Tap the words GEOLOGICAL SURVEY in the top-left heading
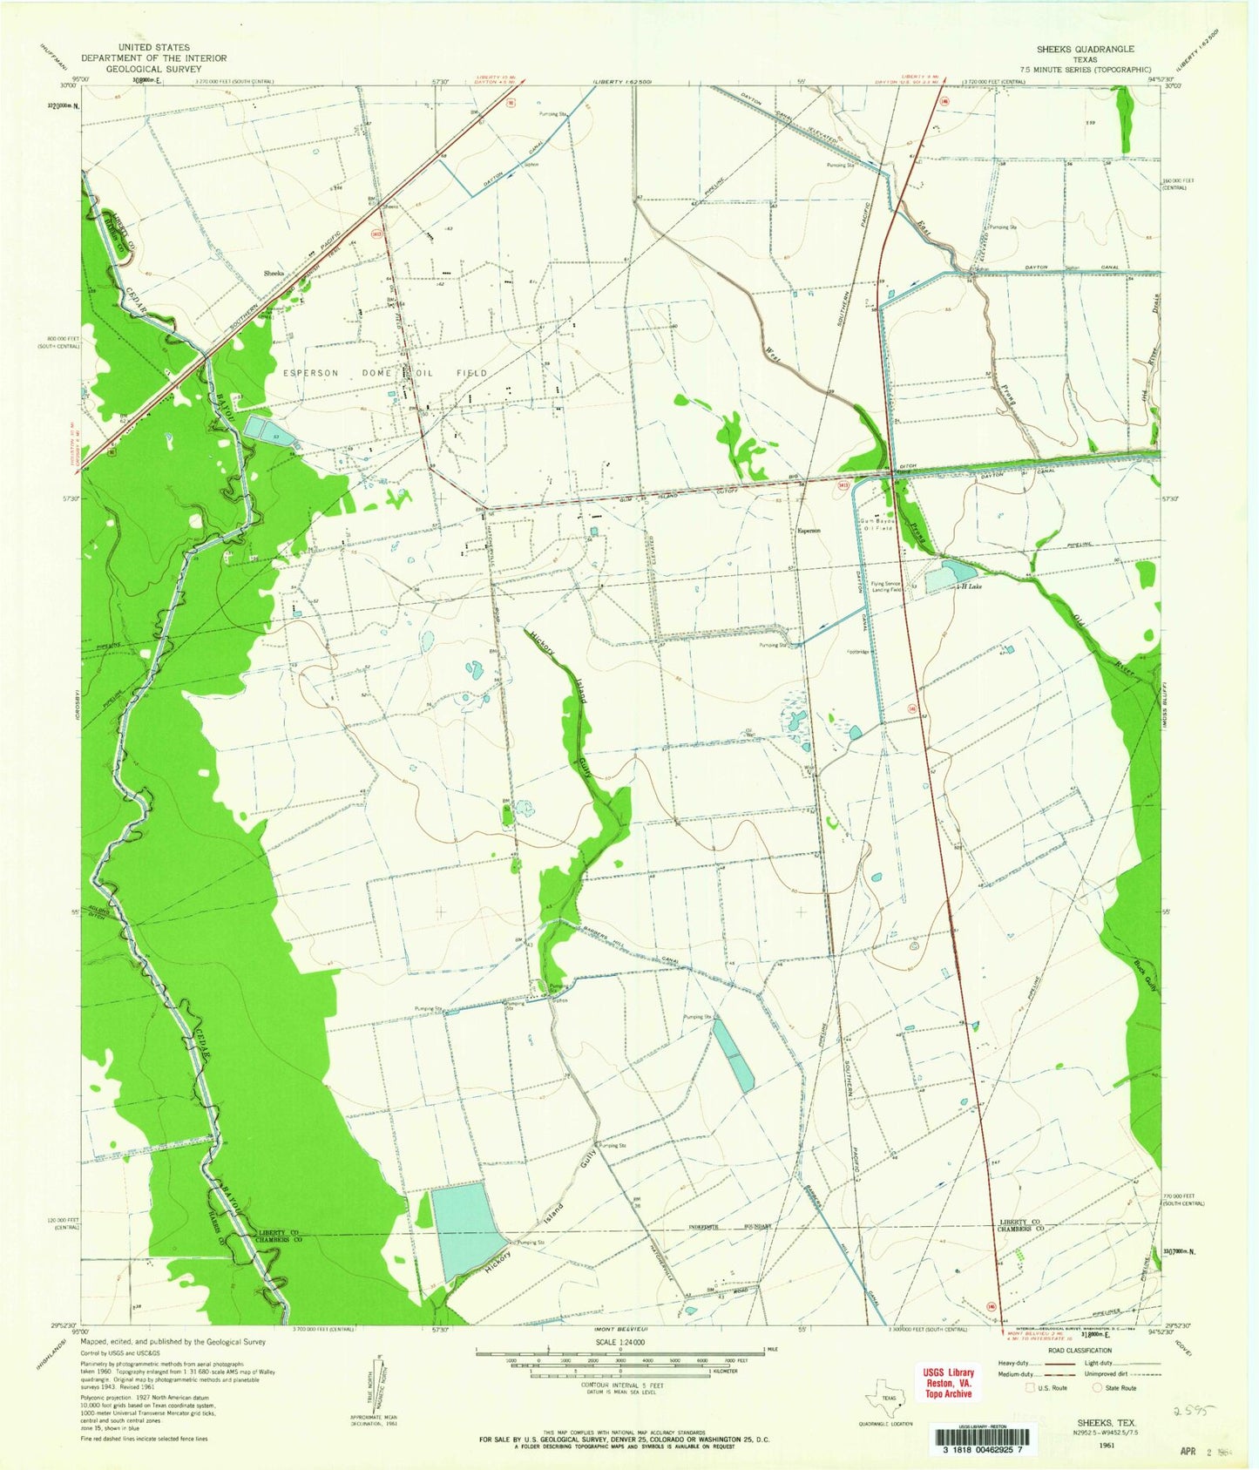click(x=153, y=68)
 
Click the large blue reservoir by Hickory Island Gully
click(x=466, y=1230)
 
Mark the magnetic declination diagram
click(x=380, y=1403)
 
